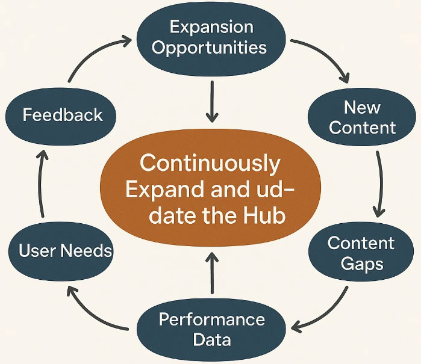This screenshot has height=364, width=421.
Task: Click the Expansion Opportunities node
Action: click(x=211, y=39)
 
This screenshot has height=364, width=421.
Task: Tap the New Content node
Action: click(x=362, y=117)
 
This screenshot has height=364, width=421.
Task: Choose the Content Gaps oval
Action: click(x=361, y=252)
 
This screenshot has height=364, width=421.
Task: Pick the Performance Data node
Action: click(x=211, y=329)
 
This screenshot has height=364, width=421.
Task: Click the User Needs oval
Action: click(x=61, y=251)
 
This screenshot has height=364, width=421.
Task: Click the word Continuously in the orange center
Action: click(x=210, y=164)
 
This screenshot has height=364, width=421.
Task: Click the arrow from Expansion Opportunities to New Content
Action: click(x=327, y=54)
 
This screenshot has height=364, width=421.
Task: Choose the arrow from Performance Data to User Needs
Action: click(x=92, y=314)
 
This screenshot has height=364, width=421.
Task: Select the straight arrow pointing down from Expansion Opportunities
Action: click(x=212, y=102)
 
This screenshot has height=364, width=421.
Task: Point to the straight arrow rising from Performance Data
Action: click(x=212, y=273)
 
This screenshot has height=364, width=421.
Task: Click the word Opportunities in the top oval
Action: click(x=209, y=48)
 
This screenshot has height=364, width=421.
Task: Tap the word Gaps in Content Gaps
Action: click(x=362, y=264)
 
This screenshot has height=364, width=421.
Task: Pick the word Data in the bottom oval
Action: click(x=212, y=339)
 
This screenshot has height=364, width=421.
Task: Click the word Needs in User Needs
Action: click(x=86, y=250)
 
